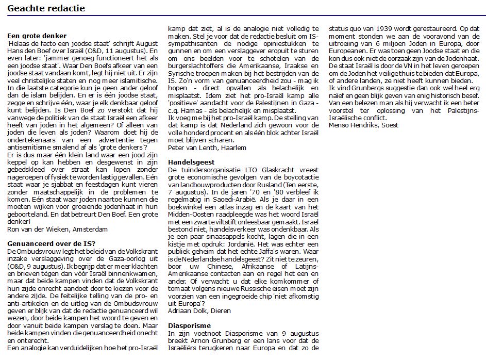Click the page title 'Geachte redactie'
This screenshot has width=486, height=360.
pos(46,8)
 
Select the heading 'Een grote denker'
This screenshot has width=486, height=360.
pos(37,36)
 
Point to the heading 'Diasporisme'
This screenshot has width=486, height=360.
pos(189,326)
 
